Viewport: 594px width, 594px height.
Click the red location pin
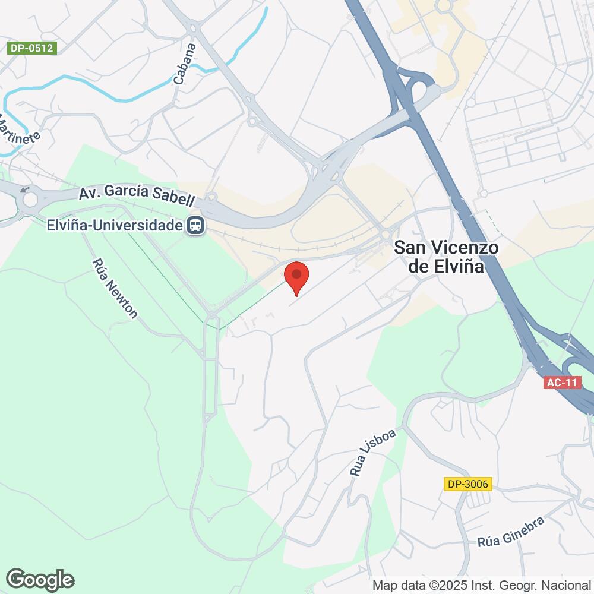point(296,277)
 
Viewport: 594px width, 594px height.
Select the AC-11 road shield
point(562,383)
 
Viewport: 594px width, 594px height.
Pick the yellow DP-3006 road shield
point(468,484)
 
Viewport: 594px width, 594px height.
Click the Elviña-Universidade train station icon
point(195,226)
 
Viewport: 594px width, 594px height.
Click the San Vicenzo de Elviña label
point(447,257)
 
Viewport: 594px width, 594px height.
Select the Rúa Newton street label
point(115,289)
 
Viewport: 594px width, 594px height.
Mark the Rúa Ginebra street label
point(511,532)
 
